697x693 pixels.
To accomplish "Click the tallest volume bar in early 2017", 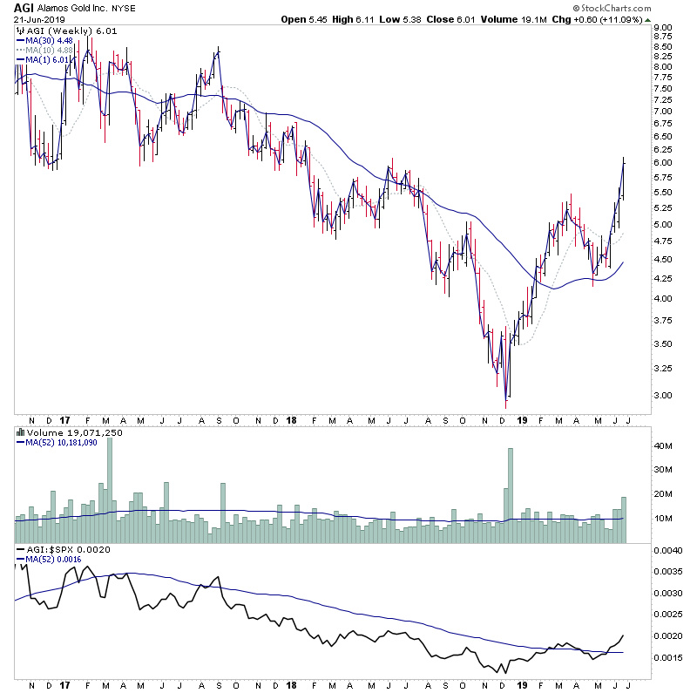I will click(110, 488).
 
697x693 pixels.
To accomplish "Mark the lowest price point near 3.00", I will click(505, 406).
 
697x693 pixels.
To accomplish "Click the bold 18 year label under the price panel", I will click(290, 418).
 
